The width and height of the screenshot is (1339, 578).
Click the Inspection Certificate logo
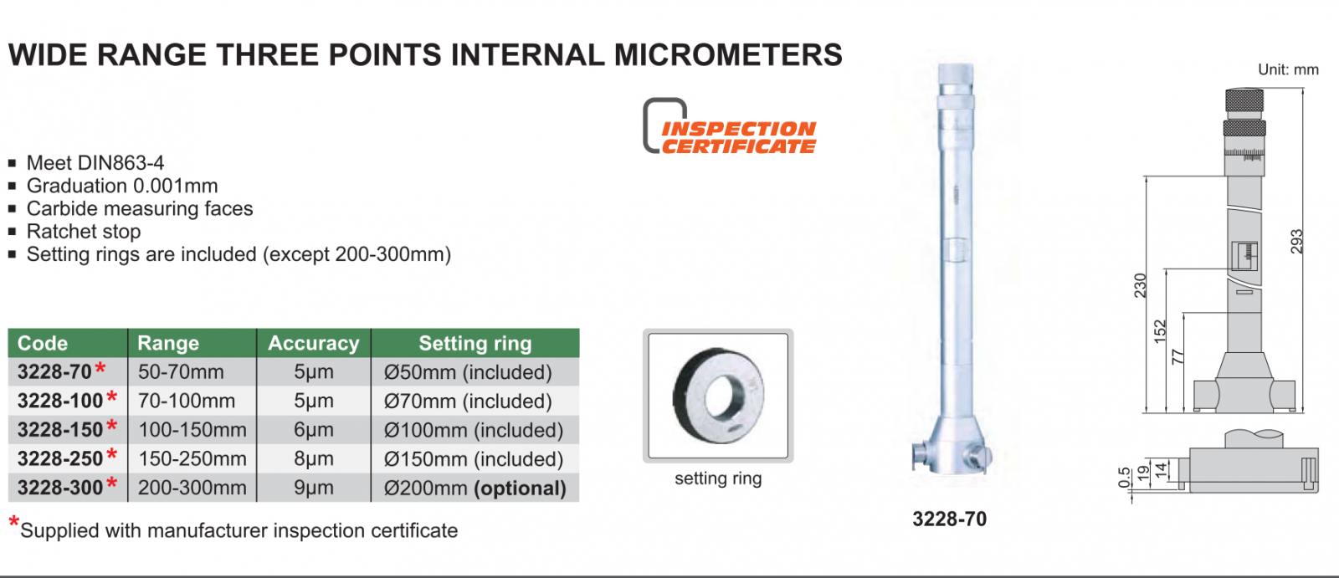(x=730, y=126)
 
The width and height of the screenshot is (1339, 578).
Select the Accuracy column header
(x=314, y=343)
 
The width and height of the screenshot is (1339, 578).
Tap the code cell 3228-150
(x=60, y=429)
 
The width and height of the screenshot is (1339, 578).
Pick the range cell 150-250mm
(x=192, y=458)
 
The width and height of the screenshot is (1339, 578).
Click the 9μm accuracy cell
(x=314, y=488)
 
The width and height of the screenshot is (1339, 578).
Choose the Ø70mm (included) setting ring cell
(x=468, y=401)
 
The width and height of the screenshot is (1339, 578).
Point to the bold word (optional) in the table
(x=520, y=488)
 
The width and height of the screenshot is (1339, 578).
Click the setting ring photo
(x=718, y=396)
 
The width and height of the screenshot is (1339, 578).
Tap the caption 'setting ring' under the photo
(x=718, y=478)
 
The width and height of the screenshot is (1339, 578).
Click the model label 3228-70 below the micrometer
(x=949, y=519)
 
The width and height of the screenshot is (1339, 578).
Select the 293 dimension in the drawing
(x=1296, y=242)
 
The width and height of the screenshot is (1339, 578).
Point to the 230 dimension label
(x=1141, y=286)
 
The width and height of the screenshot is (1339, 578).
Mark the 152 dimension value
(x=1160, y=332)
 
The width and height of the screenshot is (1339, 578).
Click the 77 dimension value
(x=1177, y=357)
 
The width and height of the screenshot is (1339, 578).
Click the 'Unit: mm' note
(x=1288, y=69)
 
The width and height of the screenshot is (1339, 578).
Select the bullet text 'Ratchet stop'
(x=84, y=232)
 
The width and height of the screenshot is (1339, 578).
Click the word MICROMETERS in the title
(x=728, y=55)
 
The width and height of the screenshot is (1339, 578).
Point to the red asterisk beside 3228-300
(x=111, y=483)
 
